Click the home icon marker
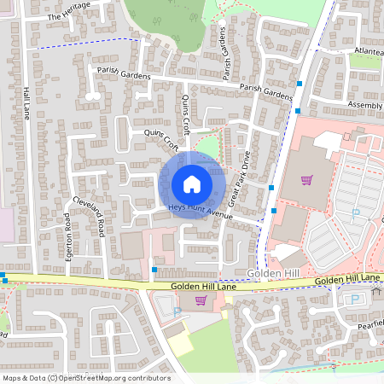click(x=192, y=184)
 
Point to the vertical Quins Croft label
click(x=186, y=109)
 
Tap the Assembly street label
click(x=365, y=105)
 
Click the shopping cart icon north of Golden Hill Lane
click(x=306, y=180)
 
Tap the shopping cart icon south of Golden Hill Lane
click(x=201, y=300)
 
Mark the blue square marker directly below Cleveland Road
click(x=154, y=270)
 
